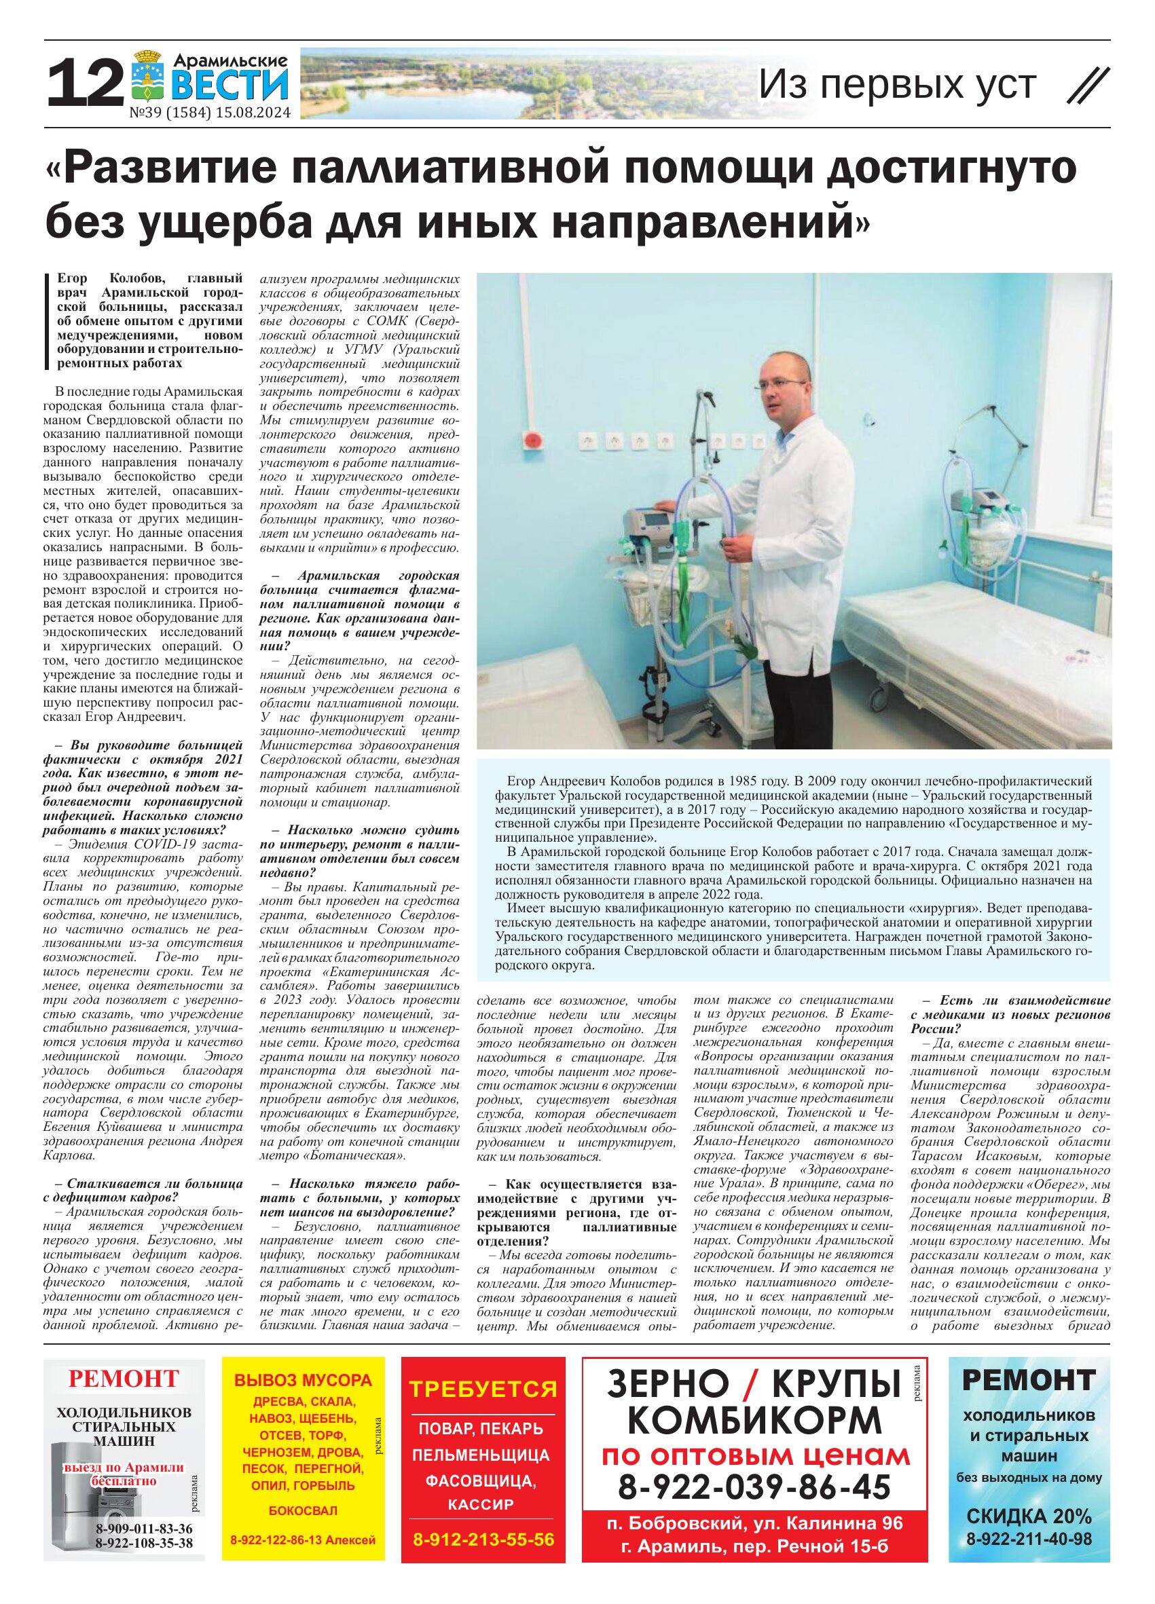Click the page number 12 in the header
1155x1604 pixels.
pos(85,84)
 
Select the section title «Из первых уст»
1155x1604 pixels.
pos(897,85)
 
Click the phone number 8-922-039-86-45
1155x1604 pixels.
pos(754,1488)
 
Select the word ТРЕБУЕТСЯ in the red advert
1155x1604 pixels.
pos(483,1389)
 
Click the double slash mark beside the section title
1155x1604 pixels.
pos(1087,86)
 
